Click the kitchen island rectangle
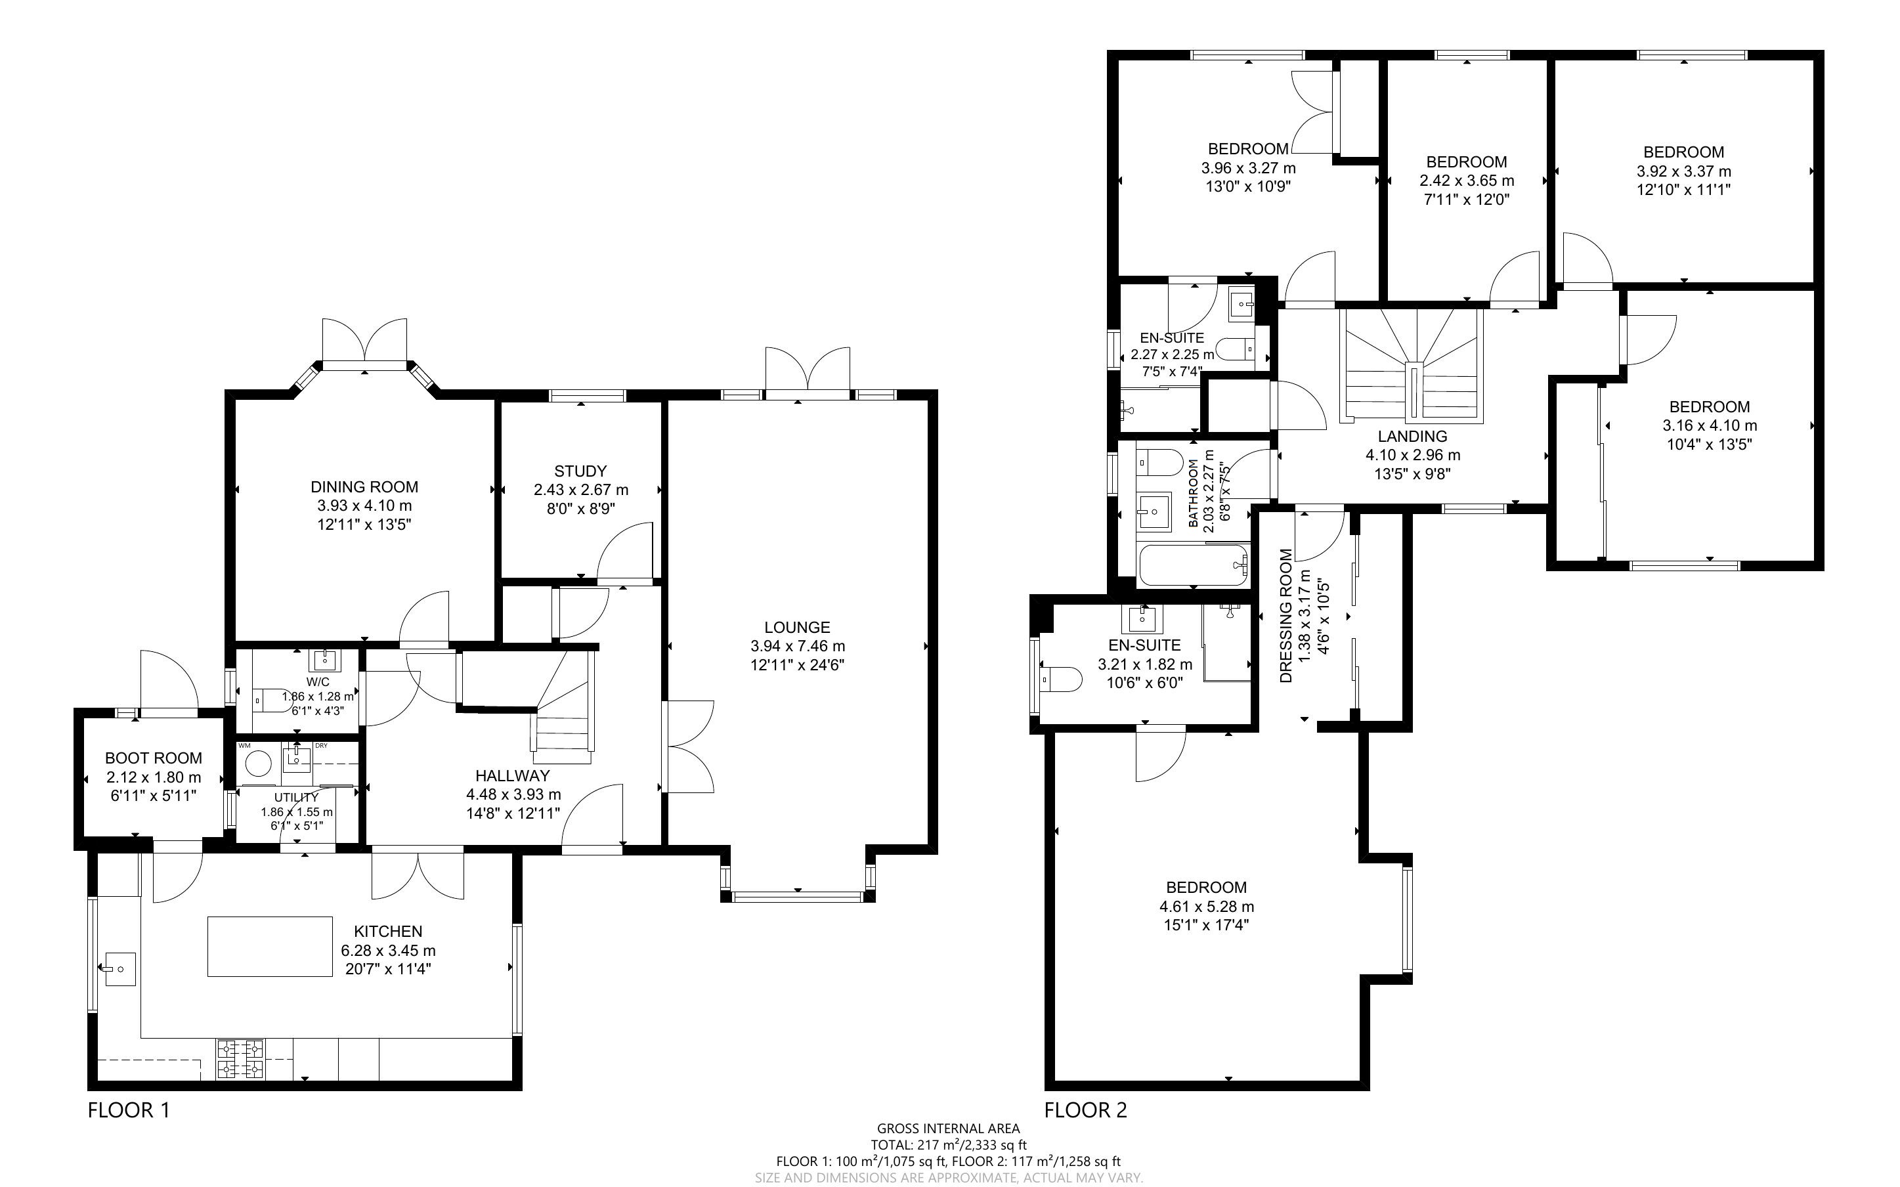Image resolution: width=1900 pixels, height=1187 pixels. [270, 946]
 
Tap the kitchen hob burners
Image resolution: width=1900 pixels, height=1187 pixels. [241, 1058]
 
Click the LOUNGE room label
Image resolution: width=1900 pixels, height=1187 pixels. [796, 627]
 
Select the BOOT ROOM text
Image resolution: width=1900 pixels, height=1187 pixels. [154, 758]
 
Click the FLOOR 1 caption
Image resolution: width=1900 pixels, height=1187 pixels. [129, 1110]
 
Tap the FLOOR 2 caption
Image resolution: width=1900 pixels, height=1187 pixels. [1085, 1110]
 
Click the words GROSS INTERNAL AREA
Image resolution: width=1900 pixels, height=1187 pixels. [949, 1130]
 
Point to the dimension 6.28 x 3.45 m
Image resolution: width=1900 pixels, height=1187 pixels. [389, 951]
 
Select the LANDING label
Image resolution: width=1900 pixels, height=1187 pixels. [1413, 437]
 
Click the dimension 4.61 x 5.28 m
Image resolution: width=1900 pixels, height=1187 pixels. [1206, 907]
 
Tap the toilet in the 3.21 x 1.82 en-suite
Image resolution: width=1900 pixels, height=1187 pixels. [1060, 678]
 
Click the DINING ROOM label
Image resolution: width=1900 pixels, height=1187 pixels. [364, 486]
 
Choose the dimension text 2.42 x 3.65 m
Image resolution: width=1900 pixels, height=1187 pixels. [1466, 181]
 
